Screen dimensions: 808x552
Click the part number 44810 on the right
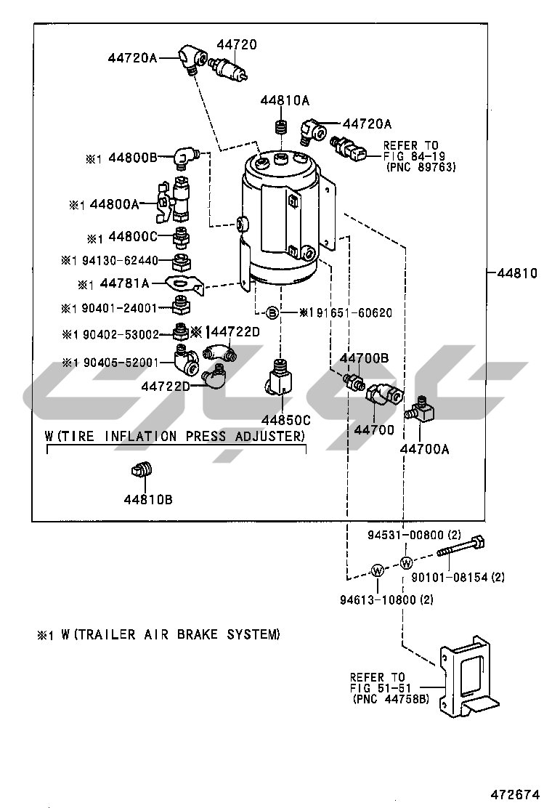[517, 274]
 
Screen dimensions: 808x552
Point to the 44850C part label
[285, 420]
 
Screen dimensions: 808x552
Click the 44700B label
[364, 358]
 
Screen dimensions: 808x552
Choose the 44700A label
[424, 449]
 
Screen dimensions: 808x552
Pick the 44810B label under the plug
[147, 499]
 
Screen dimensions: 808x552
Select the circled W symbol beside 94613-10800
[378, 570]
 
